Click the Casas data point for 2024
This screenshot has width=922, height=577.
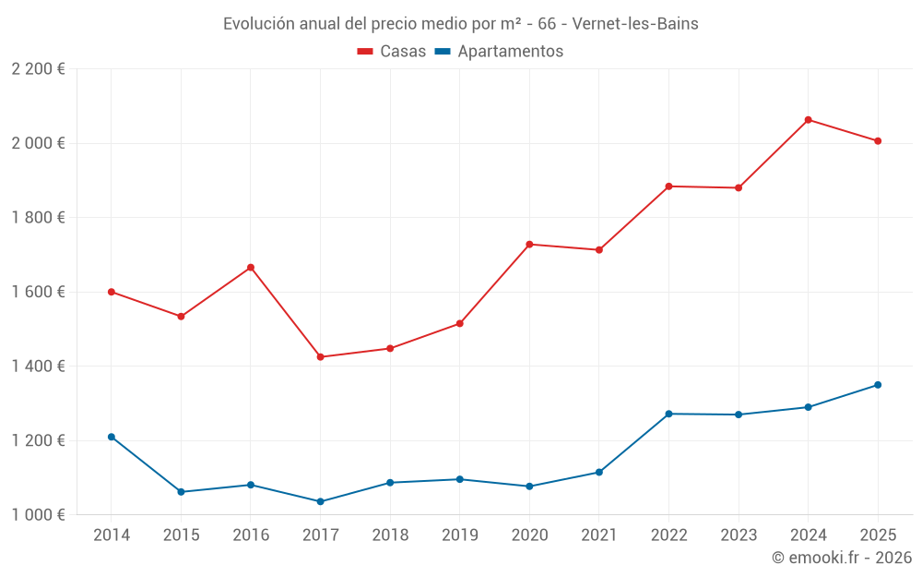(x=809, y=120)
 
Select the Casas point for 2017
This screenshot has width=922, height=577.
(x=321, y=357)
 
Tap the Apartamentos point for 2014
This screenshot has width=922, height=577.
(x=112, y=437)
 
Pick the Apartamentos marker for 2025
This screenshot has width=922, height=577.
(x=878, y=385)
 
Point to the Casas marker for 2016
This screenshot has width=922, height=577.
(x=251, y=268)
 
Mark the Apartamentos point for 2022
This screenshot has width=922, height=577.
(x=668, y=414)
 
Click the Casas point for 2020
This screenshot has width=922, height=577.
(x=529, y=245)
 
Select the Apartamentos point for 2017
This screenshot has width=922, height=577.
(x=321, y=501)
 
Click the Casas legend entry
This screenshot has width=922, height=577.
(x=392, y=52)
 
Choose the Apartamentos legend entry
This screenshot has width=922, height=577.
(x=499, y=52)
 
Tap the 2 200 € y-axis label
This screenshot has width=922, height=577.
(x=38, y=69)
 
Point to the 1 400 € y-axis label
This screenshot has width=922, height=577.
(x=38, y=367)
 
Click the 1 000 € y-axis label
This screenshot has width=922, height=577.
(x=38, y=515)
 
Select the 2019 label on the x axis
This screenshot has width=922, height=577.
(x=460, y=535)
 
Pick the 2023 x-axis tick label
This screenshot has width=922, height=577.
(x=739, y=535)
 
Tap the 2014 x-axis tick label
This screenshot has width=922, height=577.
(x=112, y=535)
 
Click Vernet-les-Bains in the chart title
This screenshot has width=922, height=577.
(x=635, y=24)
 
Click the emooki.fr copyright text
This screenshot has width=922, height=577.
(x=842, y=558)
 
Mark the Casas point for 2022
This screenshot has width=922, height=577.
(x=668, y=186)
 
